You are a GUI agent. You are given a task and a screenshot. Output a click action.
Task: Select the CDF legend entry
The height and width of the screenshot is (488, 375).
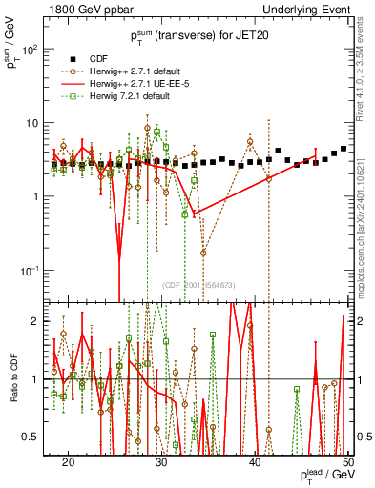pyautogui.click(x=99, y=56)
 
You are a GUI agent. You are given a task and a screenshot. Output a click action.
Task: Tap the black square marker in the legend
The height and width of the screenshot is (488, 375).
pyautogui.click(x=70, y=56)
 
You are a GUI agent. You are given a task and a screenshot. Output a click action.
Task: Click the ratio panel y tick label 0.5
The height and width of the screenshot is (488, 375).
pyautogui.click(x=38, y=437)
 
